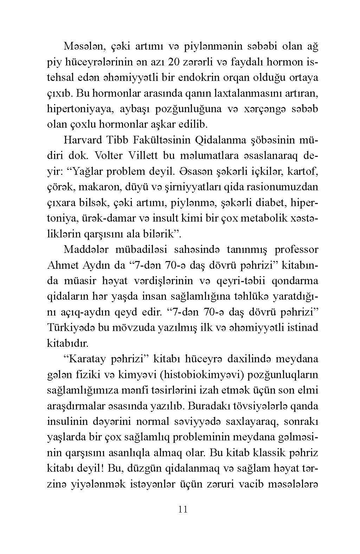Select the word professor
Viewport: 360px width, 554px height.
click(x=296, y=250)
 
